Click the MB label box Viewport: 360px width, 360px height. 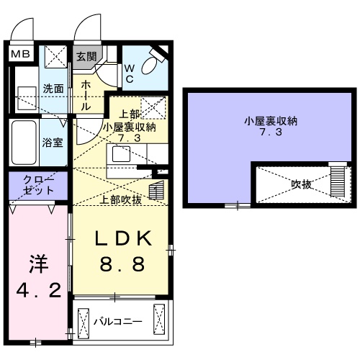coord(19,53)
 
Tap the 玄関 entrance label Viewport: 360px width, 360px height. coord(86,57)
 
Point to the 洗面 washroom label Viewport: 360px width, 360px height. coord(53,89)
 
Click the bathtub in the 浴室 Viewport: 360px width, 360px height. coord(26,142)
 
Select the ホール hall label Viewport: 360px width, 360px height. coord(84,96)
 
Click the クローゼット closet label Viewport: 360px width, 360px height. coord(37,185)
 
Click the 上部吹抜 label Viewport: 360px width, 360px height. coord(121,199)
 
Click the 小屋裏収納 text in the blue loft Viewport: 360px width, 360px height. coord(262,121)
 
